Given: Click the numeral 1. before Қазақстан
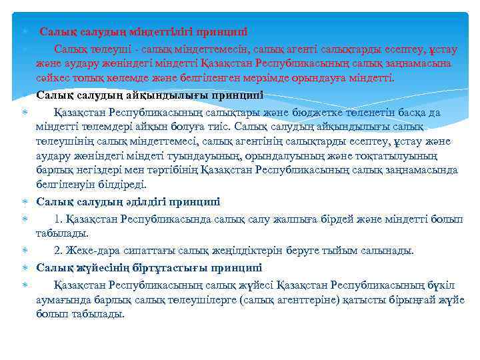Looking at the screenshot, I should [x=59, y=219].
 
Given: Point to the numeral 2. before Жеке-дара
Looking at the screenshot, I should [x=59, y=251].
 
